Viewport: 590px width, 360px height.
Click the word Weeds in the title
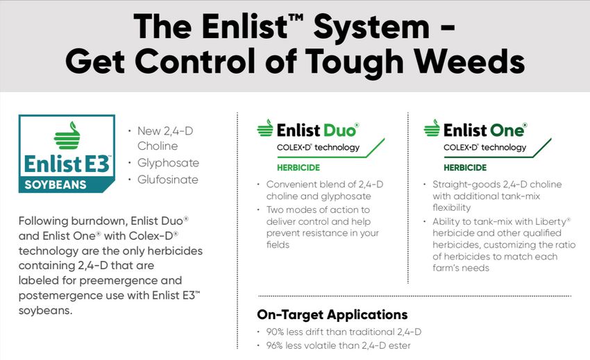click(470, 60)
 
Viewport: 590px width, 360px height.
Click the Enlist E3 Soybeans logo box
click(67, 153)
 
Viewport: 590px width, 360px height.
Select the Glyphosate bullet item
click(168, 163)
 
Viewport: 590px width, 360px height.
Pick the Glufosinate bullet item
click(167, 180)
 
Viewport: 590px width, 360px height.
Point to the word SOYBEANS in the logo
click(56, 185)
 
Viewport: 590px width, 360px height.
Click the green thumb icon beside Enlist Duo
click(265, 128)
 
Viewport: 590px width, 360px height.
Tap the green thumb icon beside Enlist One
click(432, 128)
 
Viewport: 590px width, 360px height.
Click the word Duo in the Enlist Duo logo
click(339, 130)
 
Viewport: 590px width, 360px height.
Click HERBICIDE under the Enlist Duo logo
click(298, 168)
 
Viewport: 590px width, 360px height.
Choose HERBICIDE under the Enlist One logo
click(465, 168)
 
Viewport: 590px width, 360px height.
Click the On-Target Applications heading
click(332, 314)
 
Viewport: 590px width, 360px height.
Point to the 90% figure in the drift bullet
click(275, 332)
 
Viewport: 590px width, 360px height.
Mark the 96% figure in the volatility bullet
click(275, 345)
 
